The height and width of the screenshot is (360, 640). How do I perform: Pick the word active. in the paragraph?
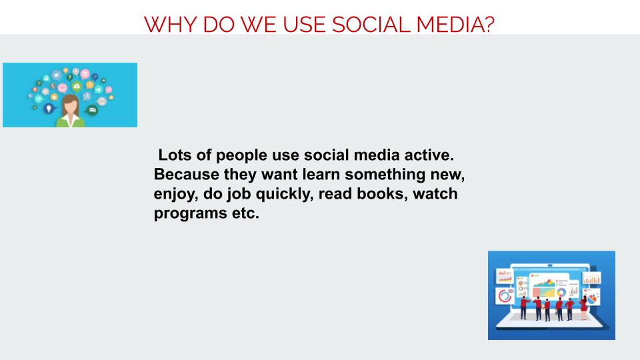pyautogui.click(x=429, y=156)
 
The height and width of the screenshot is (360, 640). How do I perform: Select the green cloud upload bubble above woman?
pyautogui.click(x=77, y=86)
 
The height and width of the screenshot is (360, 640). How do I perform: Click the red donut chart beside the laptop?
pyautogui.click(x=505, y=297)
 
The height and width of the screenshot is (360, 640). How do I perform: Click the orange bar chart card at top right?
pyautogui.click(x=591, y=279)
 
